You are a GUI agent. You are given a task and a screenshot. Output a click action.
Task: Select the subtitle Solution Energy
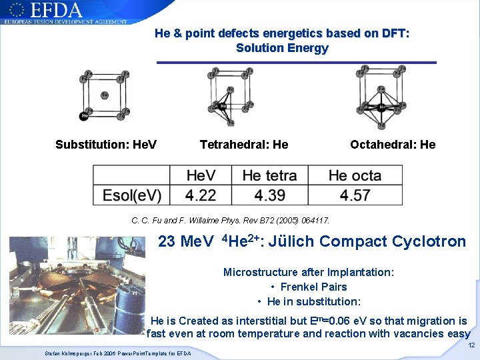(282, 48)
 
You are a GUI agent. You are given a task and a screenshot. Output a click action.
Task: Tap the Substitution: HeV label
(106, 145)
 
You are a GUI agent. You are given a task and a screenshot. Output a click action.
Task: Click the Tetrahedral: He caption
(244, 145)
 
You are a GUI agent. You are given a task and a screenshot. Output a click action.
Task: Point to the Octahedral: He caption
(393, 145)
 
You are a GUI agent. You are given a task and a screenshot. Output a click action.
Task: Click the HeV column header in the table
(201, 176)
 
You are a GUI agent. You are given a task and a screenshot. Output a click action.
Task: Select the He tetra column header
(269, 176)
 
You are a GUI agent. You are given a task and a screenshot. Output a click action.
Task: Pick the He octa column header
(355, 176)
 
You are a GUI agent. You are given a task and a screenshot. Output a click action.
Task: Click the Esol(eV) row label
(132, 195)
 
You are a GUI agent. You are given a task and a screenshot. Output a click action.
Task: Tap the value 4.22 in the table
(201, 195)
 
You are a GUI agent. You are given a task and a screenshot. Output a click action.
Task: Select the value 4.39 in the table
(269, 195)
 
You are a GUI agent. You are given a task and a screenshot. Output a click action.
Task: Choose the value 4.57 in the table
(355, 195)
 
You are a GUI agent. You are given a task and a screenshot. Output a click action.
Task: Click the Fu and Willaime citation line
(231, 219)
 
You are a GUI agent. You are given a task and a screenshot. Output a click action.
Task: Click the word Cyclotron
(426, 241)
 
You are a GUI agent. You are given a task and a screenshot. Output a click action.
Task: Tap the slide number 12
(471, 345)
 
